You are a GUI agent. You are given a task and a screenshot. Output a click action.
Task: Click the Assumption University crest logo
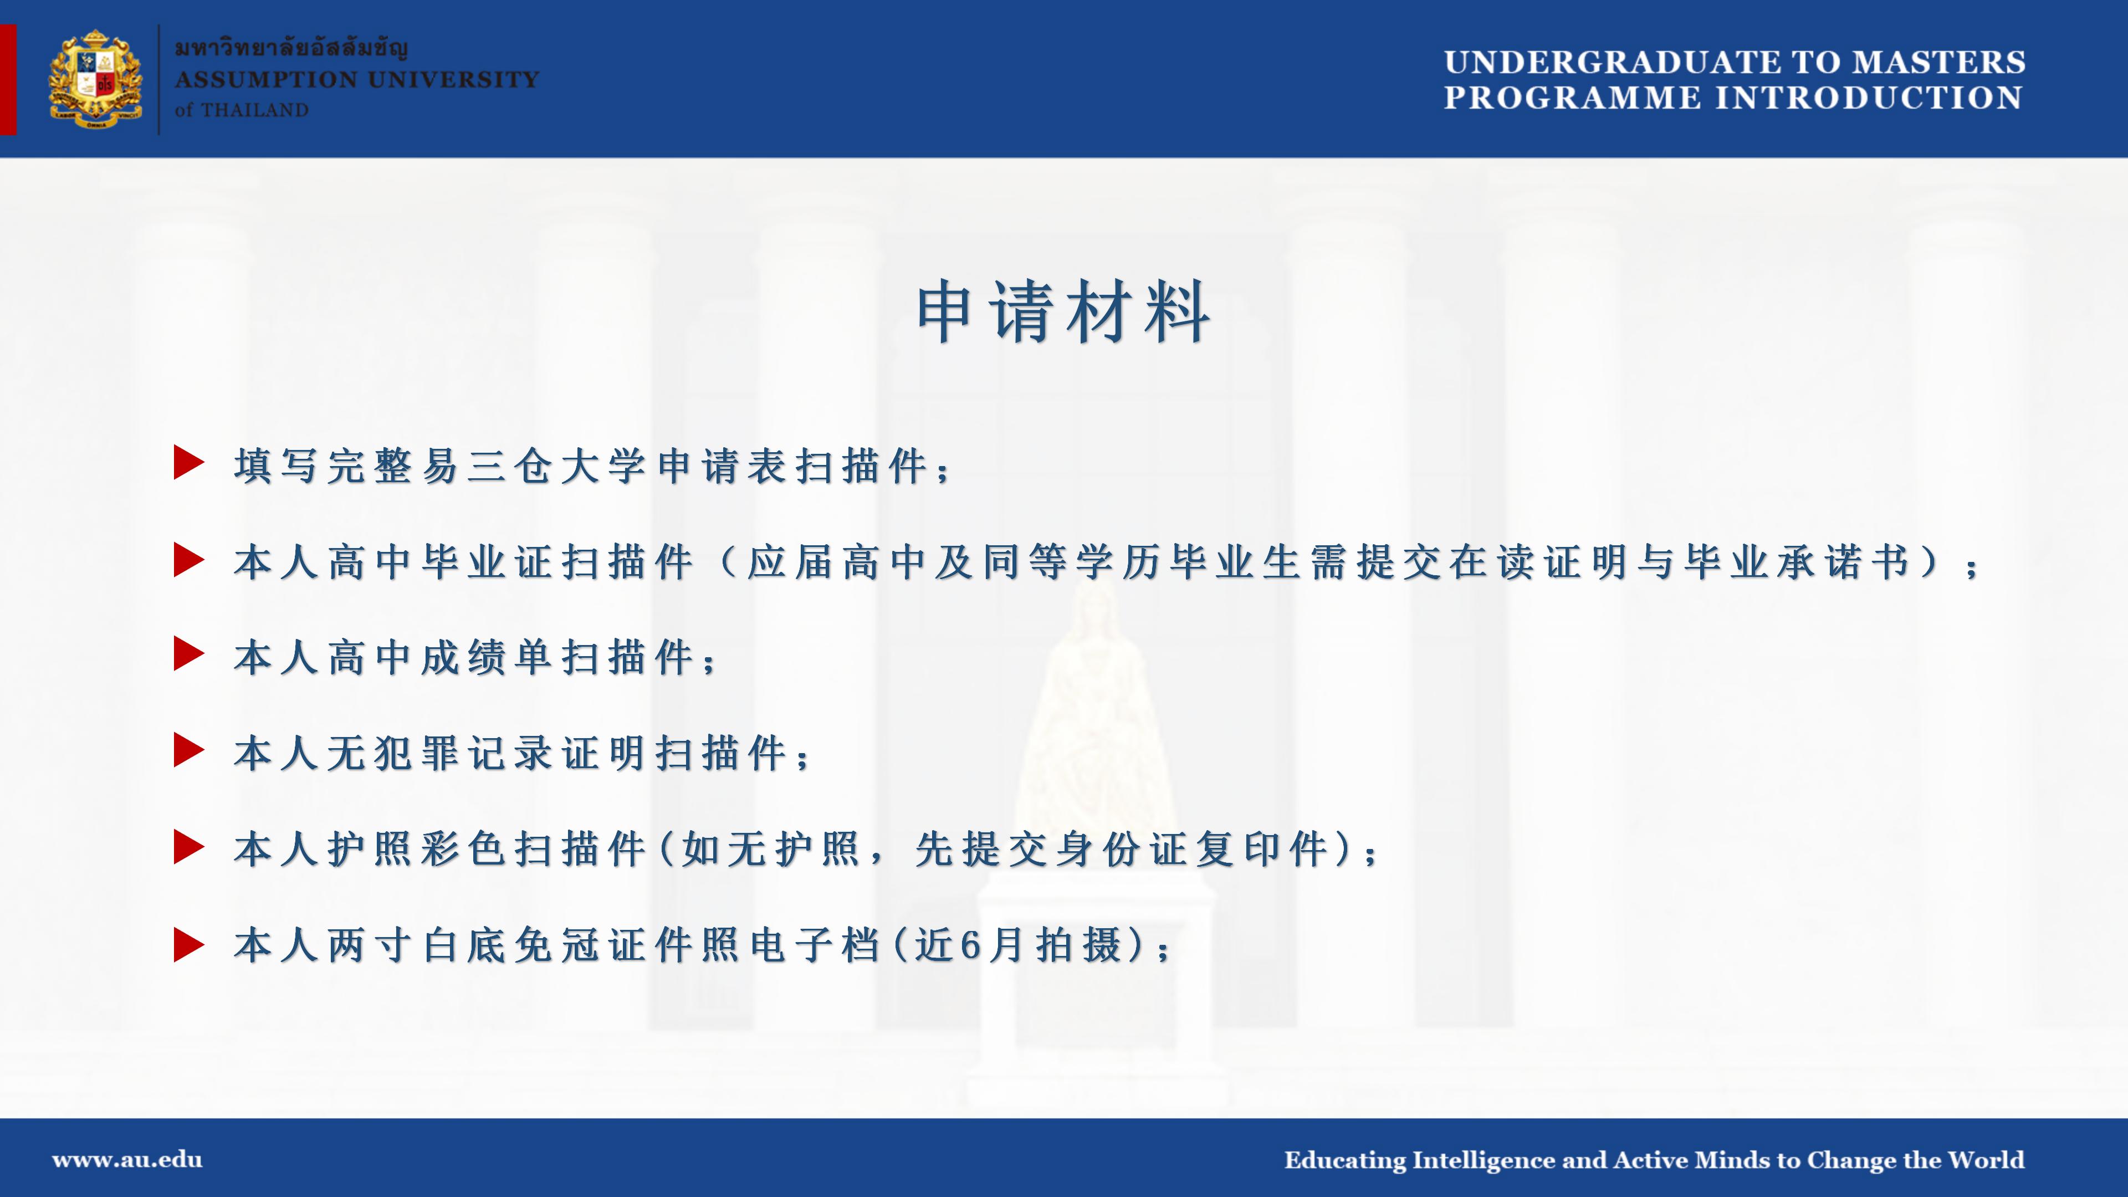(x=95, y=79)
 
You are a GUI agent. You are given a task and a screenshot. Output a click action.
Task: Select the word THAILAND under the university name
(x=254, y=110)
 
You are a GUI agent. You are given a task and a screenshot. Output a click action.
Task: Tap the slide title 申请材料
(x=1063, y=311)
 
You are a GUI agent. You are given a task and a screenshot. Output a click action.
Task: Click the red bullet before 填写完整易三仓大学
(x=189, y=463)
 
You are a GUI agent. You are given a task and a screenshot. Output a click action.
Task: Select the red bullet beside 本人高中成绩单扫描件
(x=189, y=654)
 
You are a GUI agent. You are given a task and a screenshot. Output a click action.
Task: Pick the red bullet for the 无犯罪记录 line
(x=189, y=750)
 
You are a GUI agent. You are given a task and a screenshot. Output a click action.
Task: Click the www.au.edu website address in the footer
(x=127, y=1160)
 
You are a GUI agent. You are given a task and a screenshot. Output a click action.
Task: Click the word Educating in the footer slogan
(x=1345, y=1160)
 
